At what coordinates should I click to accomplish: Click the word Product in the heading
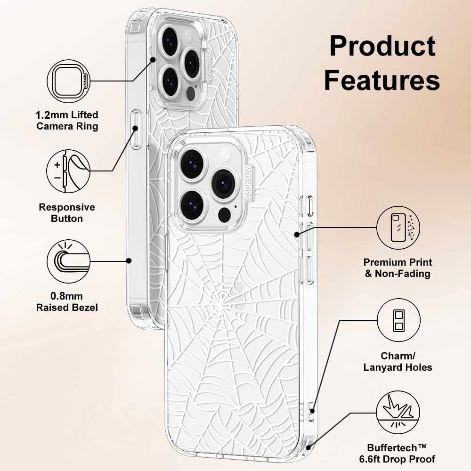tap(382, 46)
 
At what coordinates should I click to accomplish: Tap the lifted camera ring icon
tap(68, 81)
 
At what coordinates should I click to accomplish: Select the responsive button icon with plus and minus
tap(68, 171)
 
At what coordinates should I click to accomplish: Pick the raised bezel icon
tap(68, 261)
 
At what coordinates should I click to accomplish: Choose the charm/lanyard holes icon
tap(398, 320)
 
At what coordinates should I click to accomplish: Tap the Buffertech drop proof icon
tap(398, 413)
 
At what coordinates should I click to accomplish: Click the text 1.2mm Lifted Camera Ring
tap(67, 121)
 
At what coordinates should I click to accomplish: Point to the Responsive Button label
tap(67, 213)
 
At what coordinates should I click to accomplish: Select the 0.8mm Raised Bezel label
tap(67, 302)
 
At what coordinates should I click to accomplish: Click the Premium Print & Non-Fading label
tap(398, 268)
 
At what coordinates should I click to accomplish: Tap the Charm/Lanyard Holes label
tap(398, 361)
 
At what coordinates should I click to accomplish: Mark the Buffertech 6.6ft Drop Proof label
tap(401, 453)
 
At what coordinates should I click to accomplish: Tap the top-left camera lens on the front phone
tap(192, 164)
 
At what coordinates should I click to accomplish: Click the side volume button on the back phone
tap(136, 130)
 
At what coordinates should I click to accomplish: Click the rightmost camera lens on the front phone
tap(223, 184)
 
